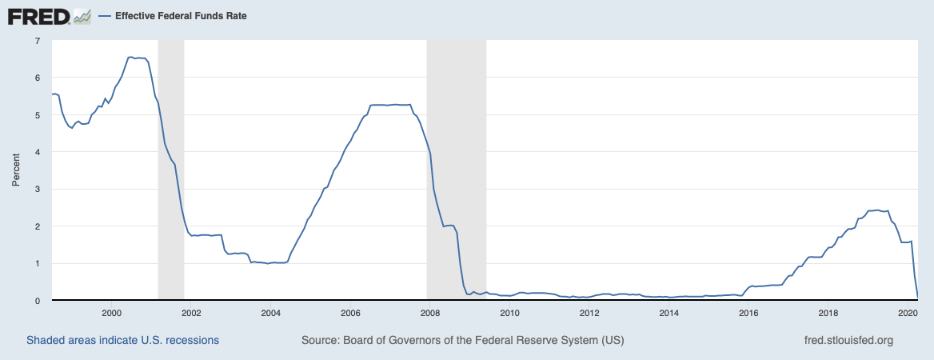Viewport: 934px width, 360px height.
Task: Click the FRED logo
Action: tap(49, 16)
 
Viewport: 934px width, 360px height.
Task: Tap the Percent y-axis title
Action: tap(16, 170)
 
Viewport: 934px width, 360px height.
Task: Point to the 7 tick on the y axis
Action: tap(38, 41)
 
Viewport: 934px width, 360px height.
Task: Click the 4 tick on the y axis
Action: tap(38, 152)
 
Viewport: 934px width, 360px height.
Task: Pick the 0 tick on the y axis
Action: tap(38, 300)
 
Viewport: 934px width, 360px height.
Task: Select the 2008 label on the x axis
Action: tap(429, 313)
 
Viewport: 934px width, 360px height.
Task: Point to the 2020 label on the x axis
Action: tap(907, 313)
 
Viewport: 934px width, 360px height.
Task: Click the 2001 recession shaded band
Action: tap(171, 170)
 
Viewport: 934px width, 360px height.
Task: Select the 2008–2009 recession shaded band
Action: tap(457, 170)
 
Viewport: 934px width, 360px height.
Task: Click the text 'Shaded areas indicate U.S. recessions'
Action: tap(122, 340)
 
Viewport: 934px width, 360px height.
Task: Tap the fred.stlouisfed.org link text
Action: tap(848, 340)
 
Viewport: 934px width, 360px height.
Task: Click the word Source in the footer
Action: tap(321, 340)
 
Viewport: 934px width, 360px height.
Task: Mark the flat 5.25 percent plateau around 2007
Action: tap(390, 105)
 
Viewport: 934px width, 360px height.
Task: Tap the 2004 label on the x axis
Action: tap(270, 313)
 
